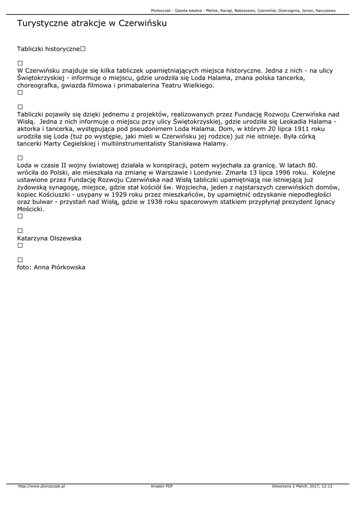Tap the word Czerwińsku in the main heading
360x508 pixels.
[142, 23]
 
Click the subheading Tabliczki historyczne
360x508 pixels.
[48, 49]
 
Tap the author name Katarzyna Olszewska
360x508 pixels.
[49, 239]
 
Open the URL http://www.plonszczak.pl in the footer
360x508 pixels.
[42, 486]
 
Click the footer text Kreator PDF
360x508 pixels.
[162, 486]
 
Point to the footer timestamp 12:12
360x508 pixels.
[327, 486]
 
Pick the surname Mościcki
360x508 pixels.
[30, 209]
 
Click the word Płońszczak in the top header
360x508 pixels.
[162, 10]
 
